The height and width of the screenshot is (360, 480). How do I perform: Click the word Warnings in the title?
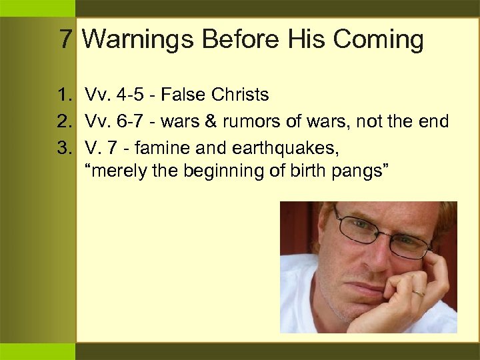[138, 40]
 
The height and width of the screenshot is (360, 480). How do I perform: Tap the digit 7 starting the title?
[65, 39]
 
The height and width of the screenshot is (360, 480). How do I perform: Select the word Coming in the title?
[379, 40]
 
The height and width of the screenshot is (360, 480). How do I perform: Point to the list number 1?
[67, 95]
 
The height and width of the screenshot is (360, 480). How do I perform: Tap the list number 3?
[67, 146]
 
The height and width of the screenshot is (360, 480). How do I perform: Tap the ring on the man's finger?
[417, 293]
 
